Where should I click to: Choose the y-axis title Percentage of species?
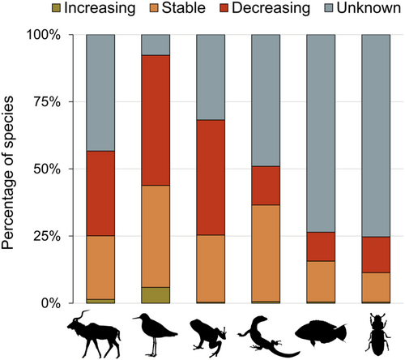pyautogui.click(x=14, y=169)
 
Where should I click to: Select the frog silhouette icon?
pyautogui.click(x=210, y=335)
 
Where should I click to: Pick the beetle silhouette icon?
pyautogui.click(x=375, y=333)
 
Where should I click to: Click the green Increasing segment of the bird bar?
pyautogui.click(x=156, y=295)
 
